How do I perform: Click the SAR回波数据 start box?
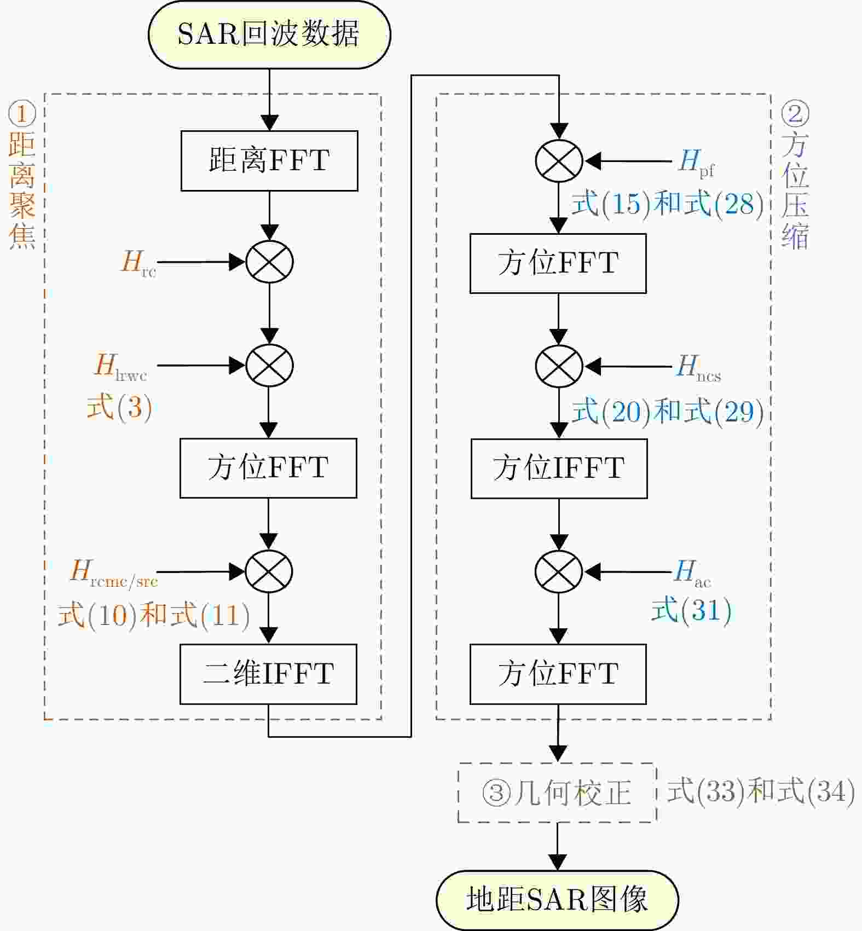(x=269, y=34)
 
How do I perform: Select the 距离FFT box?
(x=269, y=160)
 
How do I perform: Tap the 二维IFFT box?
(x=268, y=674)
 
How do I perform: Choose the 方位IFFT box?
(x=559, y=468)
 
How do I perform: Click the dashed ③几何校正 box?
(x=557, y=792)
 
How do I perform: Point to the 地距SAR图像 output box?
(x=557, y=899)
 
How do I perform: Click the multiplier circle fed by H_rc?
(x=269, y=262)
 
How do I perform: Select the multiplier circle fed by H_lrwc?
(x=269, y=365)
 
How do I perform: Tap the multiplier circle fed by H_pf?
(x=559, y=161)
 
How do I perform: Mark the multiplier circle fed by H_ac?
(x=559, y=571)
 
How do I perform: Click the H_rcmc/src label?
(x=114, y=573)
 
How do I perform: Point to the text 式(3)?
(x=119, y=407)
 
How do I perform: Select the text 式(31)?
(x=691, y=610)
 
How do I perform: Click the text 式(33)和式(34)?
(x=761, y=791)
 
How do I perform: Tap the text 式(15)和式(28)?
(x=667, y=204)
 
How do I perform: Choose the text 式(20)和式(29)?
(x=667, y=411)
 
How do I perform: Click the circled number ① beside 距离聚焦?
(x=22, y=114)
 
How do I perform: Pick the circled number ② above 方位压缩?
(x=795, y=114)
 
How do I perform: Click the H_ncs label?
(x=698, y=367)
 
